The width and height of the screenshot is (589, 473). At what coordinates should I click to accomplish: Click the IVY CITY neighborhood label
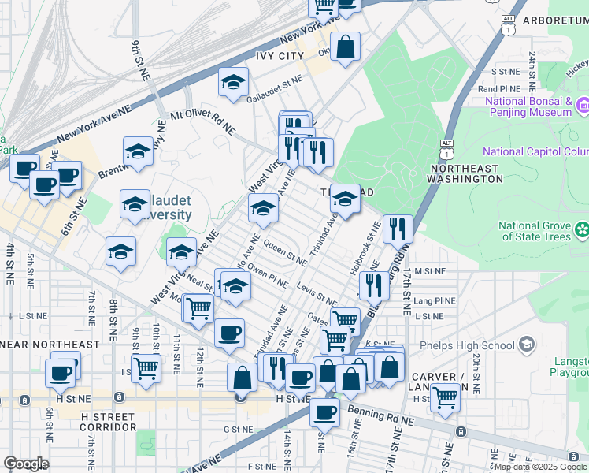[x=280, y=56]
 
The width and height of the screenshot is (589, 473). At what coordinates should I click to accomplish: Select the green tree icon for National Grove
[x=581, y=229]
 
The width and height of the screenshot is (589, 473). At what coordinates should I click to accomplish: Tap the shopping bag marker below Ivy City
[x=345, y=47]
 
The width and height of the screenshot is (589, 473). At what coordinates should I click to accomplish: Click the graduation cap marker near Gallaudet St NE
[x=233, y=82]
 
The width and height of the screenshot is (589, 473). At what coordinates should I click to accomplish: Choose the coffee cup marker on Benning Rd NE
[x=324, y=411]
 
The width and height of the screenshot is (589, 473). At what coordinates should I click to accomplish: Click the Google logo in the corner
[x=26, y=464]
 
